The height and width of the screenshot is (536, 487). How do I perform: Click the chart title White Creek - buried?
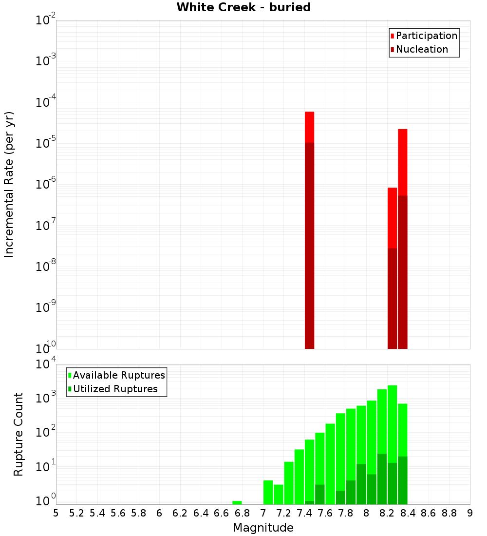click(x=243, y=7)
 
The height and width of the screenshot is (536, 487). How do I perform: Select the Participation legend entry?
click(x=426, y=36)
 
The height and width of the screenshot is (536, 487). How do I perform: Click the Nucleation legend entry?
click(x=421, y=49)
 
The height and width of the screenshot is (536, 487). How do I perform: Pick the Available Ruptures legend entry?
click(x=118, y=375)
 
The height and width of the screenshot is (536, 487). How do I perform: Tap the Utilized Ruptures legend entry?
click(x=115, y=389)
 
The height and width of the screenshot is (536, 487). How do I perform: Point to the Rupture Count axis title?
click(x=19, y=434)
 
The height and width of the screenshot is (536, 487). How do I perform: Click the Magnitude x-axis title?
click(x=263, y=528)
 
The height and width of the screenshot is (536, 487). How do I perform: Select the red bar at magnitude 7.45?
click(x=309, y=127)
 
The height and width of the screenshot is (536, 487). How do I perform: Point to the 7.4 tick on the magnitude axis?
click(x=304, y=513)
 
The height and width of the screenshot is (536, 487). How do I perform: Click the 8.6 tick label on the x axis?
click(x=429, y=513)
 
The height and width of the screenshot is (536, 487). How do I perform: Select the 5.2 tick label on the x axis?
click(x=76, y=513)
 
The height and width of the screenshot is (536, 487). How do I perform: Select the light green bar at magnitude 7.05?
click(x=268, y=492)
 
